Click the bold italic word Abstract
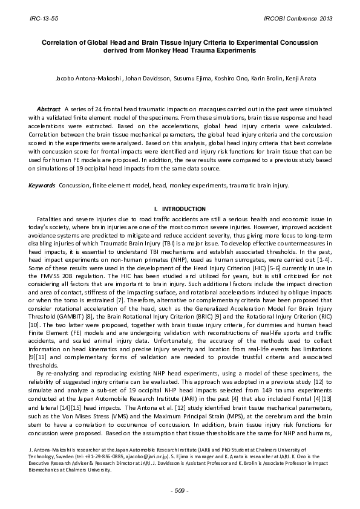(48, 107)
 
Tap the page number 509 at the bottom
(180, 490)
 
